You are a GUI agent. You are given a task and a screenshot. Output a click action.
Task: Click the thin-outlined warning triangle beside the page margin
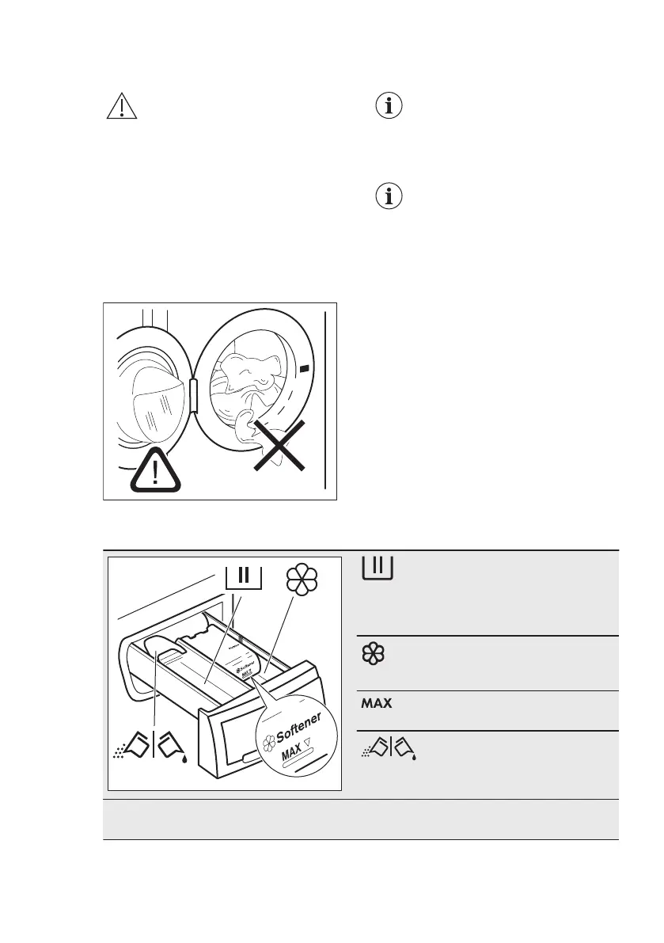[122, 106]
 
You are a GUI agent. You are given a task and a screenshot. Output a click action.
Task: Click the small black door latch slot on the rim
[305, 367]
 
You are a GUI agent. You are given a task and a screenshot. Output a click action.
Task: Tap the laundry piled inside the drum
[246, 372]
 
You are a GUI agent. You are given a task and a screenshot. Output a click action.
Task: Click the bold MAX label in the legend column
[378, 703]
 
